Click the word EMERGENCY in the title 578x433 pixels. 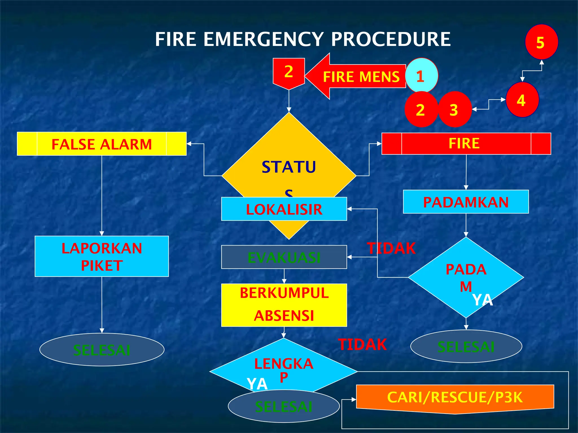[263, 39]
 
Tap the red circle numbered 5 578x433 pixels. [541, 42]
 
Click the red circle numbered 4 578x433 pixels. [522, 100]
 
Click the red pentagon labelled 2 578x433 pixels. [289, 72]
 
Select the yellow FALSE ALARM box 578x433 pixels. [102, 144]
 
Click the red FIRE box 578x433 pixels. [466, 143]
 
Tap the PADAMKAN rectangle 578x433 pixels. [466, 202]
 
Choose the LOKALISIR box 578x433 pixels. [284, 209]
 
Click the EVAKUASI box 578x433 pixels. [284, 257]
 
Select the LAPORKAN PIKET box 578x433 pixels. [102, 256]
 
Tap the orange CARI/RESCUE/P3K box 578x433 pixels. [455, 397]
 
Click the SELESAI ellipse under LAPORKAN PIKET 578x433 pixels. [102, 350]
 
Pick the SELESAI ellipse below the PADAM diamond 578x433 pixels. [466, 346]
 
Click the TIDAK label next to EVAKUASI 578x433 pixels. [391, 248]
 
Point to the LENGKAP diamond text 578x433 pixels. [284, 366]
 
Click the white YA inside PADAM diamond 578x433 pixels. [482, 300]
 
